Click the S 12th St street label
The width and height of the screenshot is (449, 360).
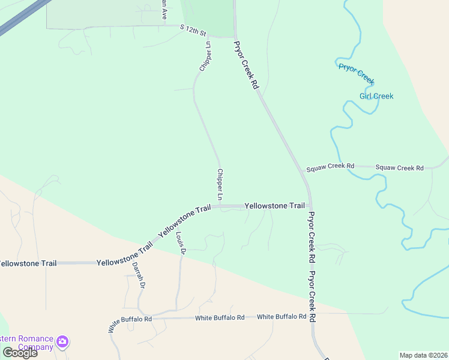point(193,29)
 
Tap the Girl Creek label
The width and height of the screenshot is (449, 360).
point(376,96)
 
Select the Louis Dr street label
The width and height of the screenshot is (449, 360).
point(180,244)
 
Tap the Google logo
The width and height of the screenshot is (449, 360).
point(20,352)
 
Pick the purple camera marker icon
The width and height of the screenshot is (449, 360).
point(62,343)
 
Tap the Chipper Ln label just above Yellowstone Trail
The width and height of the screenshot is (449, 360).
point(220,185)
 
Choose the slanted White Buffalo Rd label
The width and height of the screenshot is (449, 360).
point(121,324)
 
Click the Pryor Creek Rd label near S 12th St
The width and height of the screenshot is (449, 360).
point(246,65)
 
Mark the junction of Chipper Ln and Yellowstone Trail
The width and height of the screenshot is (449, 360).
point(220,206)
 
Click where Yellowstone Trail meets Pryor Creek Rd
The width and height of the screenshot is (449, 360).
point(310,206)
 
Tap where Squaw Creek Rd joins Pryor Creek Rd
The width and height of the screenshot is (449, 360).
point(302,169)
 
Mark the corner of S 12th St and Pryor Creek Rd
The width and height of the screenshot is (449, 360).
point(234,36)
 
